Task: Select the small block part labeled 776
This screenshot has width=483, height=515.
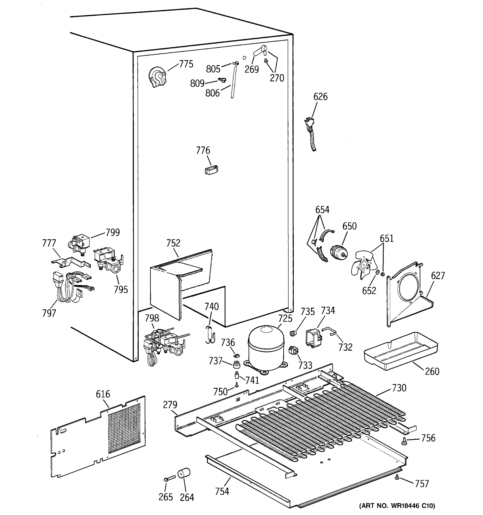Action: [211, 170]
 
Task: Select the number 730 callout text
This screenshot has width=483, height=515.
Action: [399, 388]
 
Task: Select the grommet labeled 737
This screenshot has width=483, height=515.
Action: [236, 365]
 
